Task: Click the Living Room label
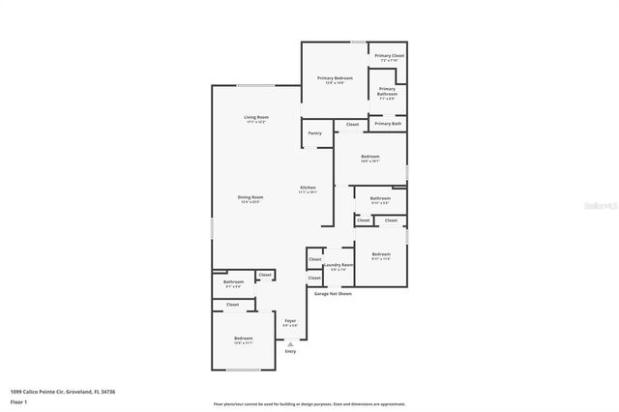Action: (256, 117)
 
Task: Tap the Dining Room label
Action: (251, 197)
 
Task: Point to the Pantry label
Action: (315, 132)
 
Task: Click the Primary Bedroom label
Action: (337, 77)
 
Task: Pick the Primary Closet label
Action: (390, 56)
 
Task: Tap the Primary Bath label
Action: (389, 124)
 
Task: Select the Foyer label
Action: (290, 320)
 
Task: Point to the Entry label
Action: (290, 351)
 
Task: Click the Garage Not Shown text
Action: (333, 293)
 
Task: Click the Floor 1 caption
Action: (18, 401)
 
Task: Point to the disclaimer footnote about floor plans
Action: (309, 404)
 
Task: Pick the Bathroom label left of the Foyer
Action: (234, 282)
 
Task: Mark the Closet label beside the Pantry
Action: (352, 124)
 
